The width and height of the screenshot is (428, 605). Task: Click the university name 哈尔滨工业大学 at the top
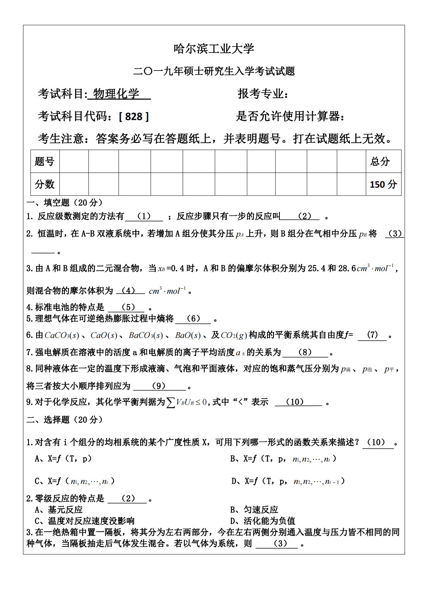click(x=214, y=48)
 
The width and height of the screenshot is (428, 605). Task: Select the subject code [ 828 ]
click(x=133, y=116)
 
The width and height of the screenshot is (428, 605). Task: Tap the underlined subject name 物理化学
click(x=119, y=94)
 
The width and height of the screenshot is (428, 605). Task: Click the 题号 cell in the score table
click(x=45, y=161)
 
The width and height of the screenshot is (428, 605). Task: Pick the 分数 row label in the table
click(x=45, y=184)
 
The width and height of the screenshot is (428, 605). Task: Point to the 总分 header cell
click(x=380, y=161)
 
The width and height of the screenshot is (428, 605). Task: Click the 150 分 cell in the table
click(x=383, y=184)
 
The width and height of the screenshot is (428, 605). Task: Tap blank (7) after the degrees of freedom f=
click(x=373, y=335)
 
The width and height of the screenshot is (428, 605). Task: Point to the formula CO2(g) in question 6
click(x=234, y=335)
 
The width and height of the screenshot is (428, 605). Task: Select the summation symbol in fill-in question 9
click(x=170, y=402)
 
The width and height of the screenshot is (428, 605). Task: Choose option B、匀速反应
click(x=254, y=509)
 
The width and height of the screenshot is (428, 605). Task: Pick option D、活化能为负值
click(x=263, y=521)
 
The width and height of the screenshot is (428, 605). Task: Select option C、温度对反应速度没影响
click(x=85, y=521)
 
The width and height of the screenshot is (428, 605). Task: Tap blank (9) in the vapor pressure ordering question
click(x=159, y=386)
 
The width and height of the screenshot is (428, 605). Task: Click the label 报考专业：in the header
click(x=263, y=94)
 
